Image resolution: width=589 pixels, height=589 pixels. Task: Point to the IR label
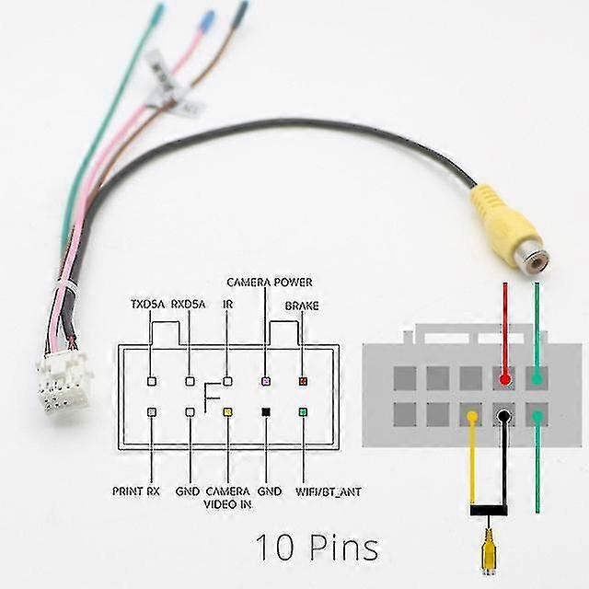pyautogui.click(x=227, y=305)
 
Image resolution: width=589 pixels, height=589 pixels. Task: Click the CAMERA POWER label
pyautogui.click(x=270, y=282)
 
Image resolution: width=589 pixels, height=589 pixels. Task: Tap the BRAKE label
pyautogui.click(x=301, y=305)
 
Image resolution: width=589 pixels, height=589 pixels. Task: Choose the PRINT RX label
pyautogui.click(x=136, y=491)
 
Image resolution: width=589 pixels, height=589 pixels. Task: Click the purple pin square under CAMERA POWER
pyautogui.click(x=265, y=380)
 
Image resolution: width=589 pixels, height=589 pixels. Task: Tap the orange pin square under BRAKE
pyautogui.click(x=302, y=380)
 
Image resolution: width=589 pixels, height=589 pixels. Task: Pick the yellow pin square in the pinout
pyautogui.click(x=227, y=412)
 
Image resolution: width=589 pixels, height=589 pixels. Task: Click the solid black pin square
pyautogui.click(x=265, y=412)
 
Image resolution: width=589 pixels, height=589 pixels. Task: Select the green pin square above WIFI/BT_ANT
pyautogui.click(x=302, y=412)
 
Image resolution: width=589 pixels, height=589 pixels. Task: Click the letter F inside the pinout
pyautogui.click(x=211, y=395)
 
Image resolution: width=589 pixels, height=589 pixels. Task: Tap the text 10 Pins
pyautogui.click(x=316, y=548)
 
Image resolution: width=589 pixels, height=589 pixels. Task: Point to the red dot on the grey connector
pyautogui.click(x=504, y=377)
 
